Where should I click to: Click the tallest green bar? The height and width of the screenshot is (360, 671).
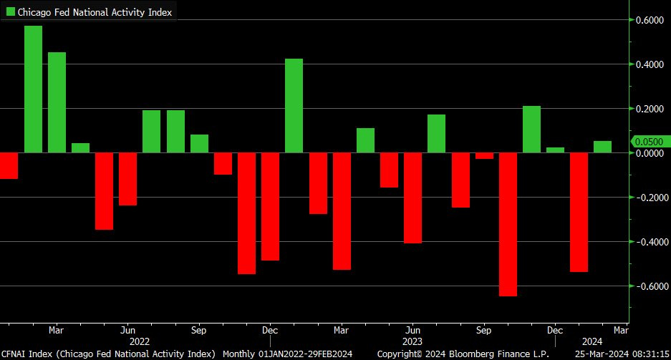pyautogui.click(x=33, y=89)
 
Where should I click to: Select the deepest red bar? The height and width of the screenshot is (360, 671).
pyautogui.click(x=508, y=224)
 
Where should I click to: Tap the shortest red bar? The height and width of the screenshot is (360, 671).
pyautogui.click(x=485, y=156)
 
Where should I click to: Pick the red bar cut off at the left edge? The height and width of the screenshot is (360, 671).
pyautogui.click(x=8, y=165)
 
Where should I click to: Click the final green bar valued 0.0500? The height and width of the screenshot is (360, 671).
pyautogui.click(x=603, y=147)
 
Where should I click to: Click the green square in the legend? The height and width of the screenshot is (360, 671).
pyautogui.click(x=10, y=12)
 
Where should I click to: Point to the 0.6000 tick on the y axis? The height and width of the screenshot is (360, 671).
pyautogui.click(x=648, y=20)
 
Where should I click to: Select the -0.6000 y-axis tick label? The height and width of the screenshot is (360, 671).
pyautogui.click(x=647, y=286)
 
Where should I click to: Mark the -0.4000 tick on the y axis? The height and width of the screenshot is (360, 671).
pyautogui.click(x=647, y=242)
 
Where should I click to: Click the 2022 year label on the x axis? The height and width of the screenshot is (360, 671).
pyautogui.click(x=140, y=342)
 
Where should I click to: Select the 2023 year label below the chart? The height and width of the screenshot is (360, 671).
pyautogui.click(x=412, y=342)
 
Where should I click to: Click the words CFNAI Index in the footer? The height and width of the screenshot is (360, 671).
pyautogui.click(x=26, y=354)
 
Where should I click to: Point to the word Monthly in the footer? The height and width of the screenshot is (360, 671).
pyautogui.click(x=240, y=354)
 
